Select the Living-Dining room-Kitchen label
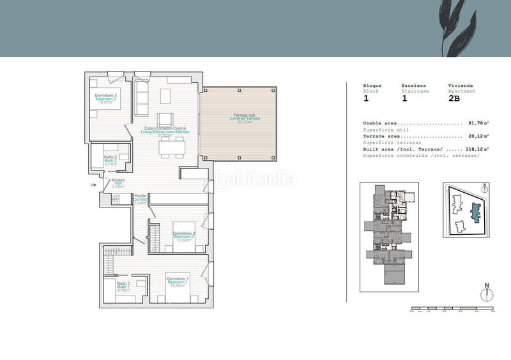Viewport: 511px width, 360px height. (166, 132)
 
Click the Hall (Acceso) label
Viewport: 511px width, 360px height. (118, 184)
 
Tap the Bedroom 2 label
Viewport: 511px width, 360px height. (184, 237)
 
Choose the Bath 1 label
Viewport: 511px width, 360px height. (124, 287)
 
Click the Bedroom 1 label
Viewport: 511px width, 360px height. (177, 282)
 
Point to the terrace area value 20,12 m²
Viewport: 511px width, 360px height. (478, 136)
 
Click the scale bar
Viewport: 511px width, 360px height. (452, 309)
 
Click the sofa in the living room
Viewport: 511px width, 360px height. (142, 97)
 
